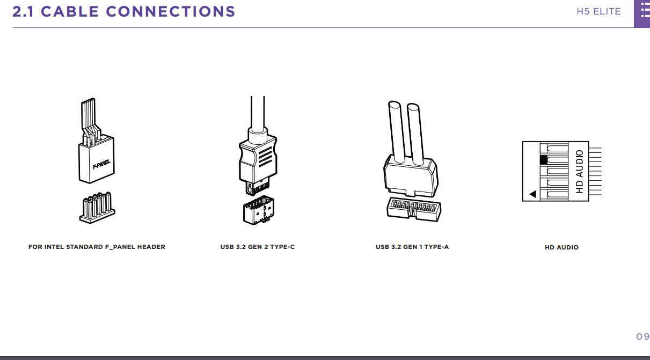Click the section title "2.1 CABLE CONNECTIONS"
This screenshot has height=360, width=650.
123,12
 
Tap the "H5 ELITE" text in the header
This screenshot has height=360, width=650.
598,12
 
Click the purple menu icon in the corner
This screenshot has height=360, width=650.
642,13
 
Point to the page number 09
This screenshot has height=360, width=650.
642,336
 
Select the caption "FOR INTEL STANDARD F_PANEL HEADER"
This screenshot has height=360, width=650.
97,247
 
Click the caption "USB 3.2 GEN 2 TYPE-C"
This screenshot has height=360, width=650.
258,247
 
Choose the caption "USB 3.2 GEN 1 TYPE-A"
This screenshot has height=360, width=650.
412,247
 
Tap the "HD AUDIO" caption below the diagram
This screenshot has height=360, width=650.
561,247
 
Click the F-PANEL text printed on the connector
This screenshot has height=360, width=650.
101,165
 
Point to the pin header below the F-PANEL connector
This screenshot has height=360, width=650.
97,208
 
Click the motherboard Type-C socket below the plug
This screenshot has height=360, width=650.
259,210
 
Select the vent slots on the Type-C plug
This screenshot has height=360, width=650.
265,157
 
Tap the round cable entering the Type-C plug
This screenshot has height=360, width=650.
258,115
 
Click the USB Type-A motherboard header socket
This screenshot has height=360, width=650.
414,209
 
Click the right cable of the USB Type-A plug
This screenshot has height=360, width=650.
415,134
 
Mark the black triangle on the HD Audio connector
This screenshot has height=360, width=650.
533,194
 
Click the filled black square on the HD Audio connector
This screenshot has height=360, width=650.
544,160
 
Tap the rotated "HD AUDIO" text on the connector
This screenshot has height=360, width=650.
579,172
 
